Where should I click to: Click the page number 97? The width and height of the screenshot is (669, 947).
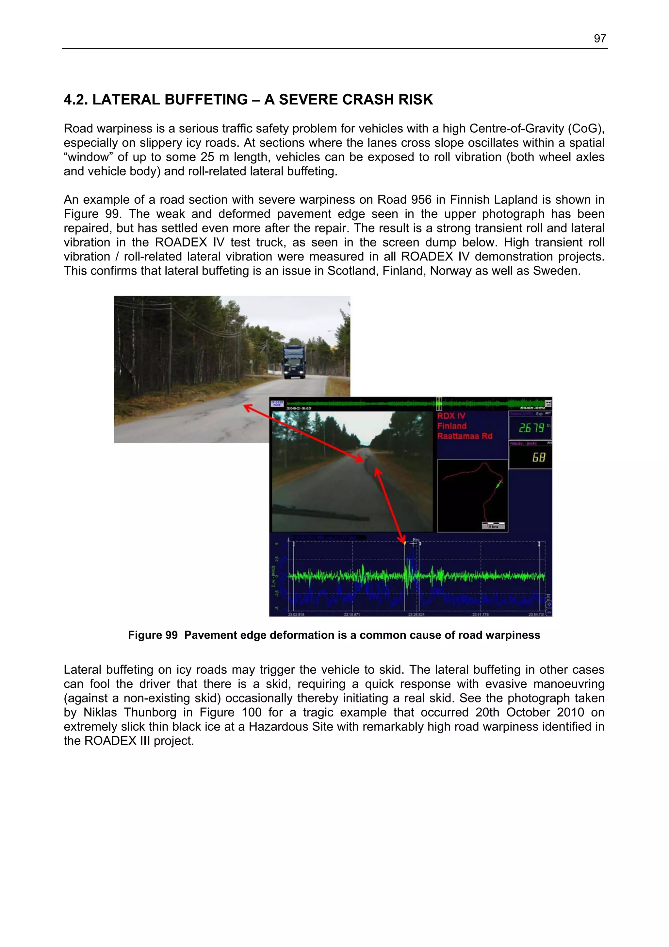click(x=599, y=39)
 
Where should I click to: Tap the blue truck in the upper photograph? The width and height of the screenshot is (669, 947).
click(x=293, y=362)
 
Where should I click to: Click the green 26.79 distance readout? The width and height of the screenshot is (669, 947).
click(x=531, y=428)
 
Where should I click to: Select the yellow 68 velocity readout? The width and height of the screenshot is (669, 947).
click(x=538, y=457)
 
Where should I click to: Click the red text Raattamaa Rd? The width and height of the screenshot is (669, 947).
click(x=465, y=436)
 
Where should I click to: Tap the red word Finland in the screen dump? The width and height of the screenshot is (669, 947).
click(x=452, y=426)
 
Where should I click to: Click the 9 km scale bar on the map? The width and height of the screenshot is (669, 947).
click(x=493, y=526)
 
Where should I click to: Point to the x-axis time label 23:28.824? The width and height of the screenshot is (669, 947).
click(x=416, y=615)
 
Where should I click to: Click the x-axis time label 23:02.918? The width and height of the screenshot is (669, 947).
click(x=296, y=615)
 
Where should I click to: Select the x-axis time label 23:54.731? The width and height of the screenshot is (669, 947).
click(x=536, y=615)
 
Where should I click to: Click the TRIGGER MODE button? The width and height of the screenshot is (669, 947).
click(x=277, y=404)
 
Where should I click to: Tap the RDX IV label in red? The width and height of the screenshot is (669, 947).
click(x=451, y=416)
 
